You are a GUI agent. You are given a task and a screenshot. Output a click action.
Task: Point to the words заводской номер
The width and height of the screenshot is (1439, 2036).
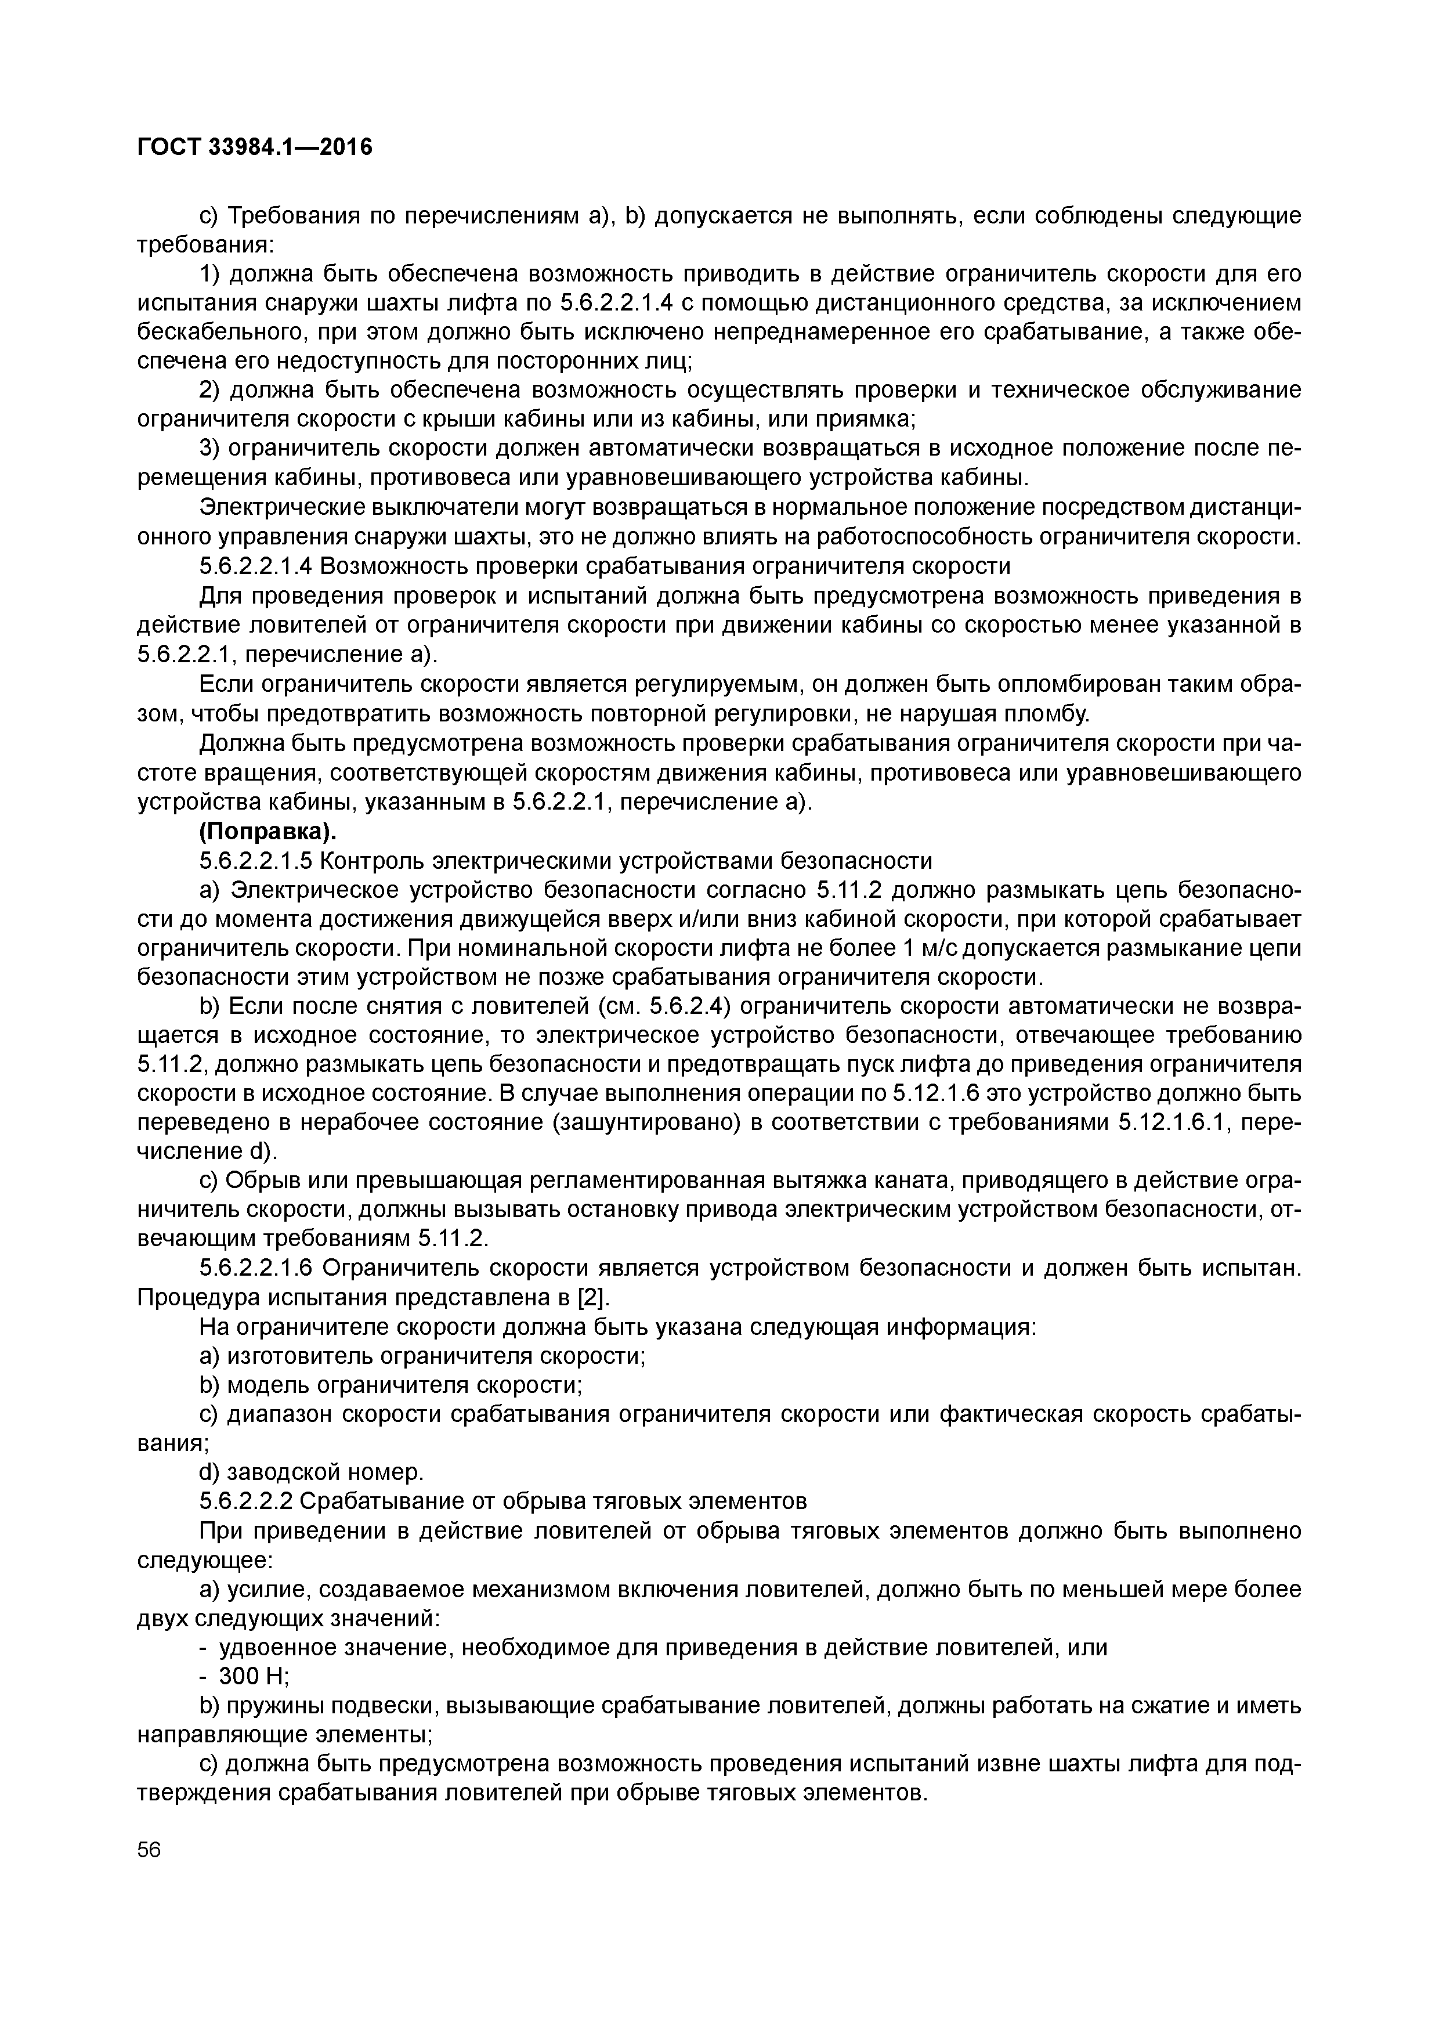(326, 1472)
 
